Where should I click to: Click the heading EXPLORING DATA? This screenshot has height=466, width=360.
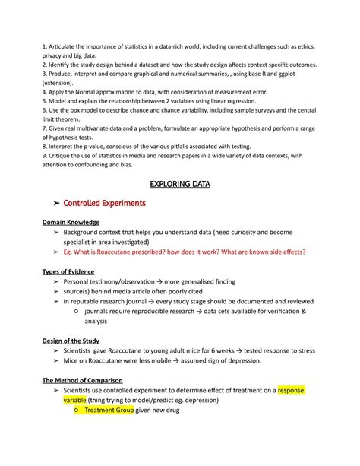pyautogui.click(x=180, y=184)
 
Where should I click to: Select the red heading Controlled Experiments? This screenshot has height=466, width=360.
pyautogui.click(x=110, y=204)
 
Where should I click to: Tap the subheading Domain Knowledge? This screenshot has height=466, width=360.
pyautogui.click(x=71, y=222)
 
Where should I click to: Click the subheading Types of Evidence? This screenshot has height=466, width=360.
pyautogui.click(x=69, y=271)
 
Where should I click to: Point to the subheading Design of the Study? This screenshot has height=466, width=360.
pyautogui.click(x=71, y=341)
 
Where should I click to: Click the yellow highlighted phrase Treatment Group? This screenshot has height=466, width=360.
pyautogui.click(x=109, y=410)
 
